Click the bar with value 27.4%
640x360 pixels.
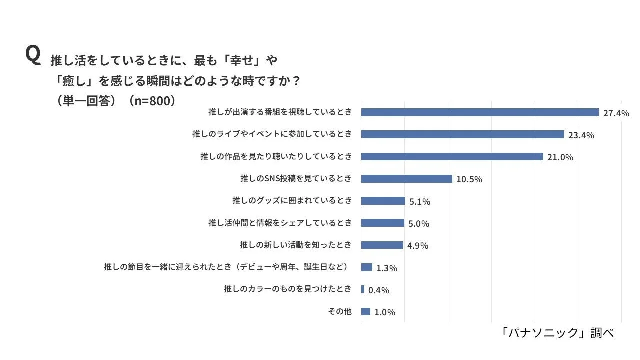pyautogui.click(x=480, y=112)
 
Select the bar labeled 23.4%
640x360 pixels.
pyautogui.click(x=462, y=134)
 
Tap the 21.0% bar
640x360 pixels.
pyautogui.click(x=452, y=157)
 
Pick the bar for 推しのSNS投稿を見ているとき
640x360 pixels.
pyautogui.click(x=406, y=179)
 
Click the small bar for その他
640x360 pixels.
pyautogui.click(x=365, y=312)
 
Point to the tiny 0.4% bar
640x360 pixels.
pyautogui.click(x=363, y=289)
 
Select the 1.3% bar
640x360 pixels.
pyautogui.click(x=366, y=267)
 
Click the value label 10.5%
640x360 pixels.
pyautogui.click(x=469, y=179)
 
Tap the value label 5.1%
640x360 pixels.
pyautogui.click(x=419, y=202)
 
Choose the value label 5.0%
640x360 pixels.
pyautogui.click(x=418, y=224)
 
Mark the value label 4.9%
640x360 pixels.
pyautogui.click(x=417, y=246)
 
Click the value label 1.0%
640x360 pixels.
pyautogui.click(x=384, y=312)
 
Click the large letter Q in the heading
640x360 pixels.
pyautogui.click(x=32, y=55)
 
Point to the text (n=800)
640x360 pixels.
pyautogui.click(x=152, y=100)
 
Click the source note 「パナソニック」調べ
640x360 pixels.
pyautogui.click(x=557, y=333)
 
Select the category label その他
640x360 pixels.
pyautogui.click(x=340, y=311)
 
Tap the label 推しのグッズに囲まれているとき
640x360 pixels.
pyautogui.click(x=292, y=201)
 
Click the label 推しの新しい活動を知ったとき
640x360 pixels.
pyautogui.click(x=296, y=245)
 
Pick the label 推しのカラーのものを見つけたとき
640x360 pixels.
pyautogui.click(x=288, y=289)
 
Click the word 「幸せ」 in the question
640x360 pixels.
pyautogui.click(x=241, y=60)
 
